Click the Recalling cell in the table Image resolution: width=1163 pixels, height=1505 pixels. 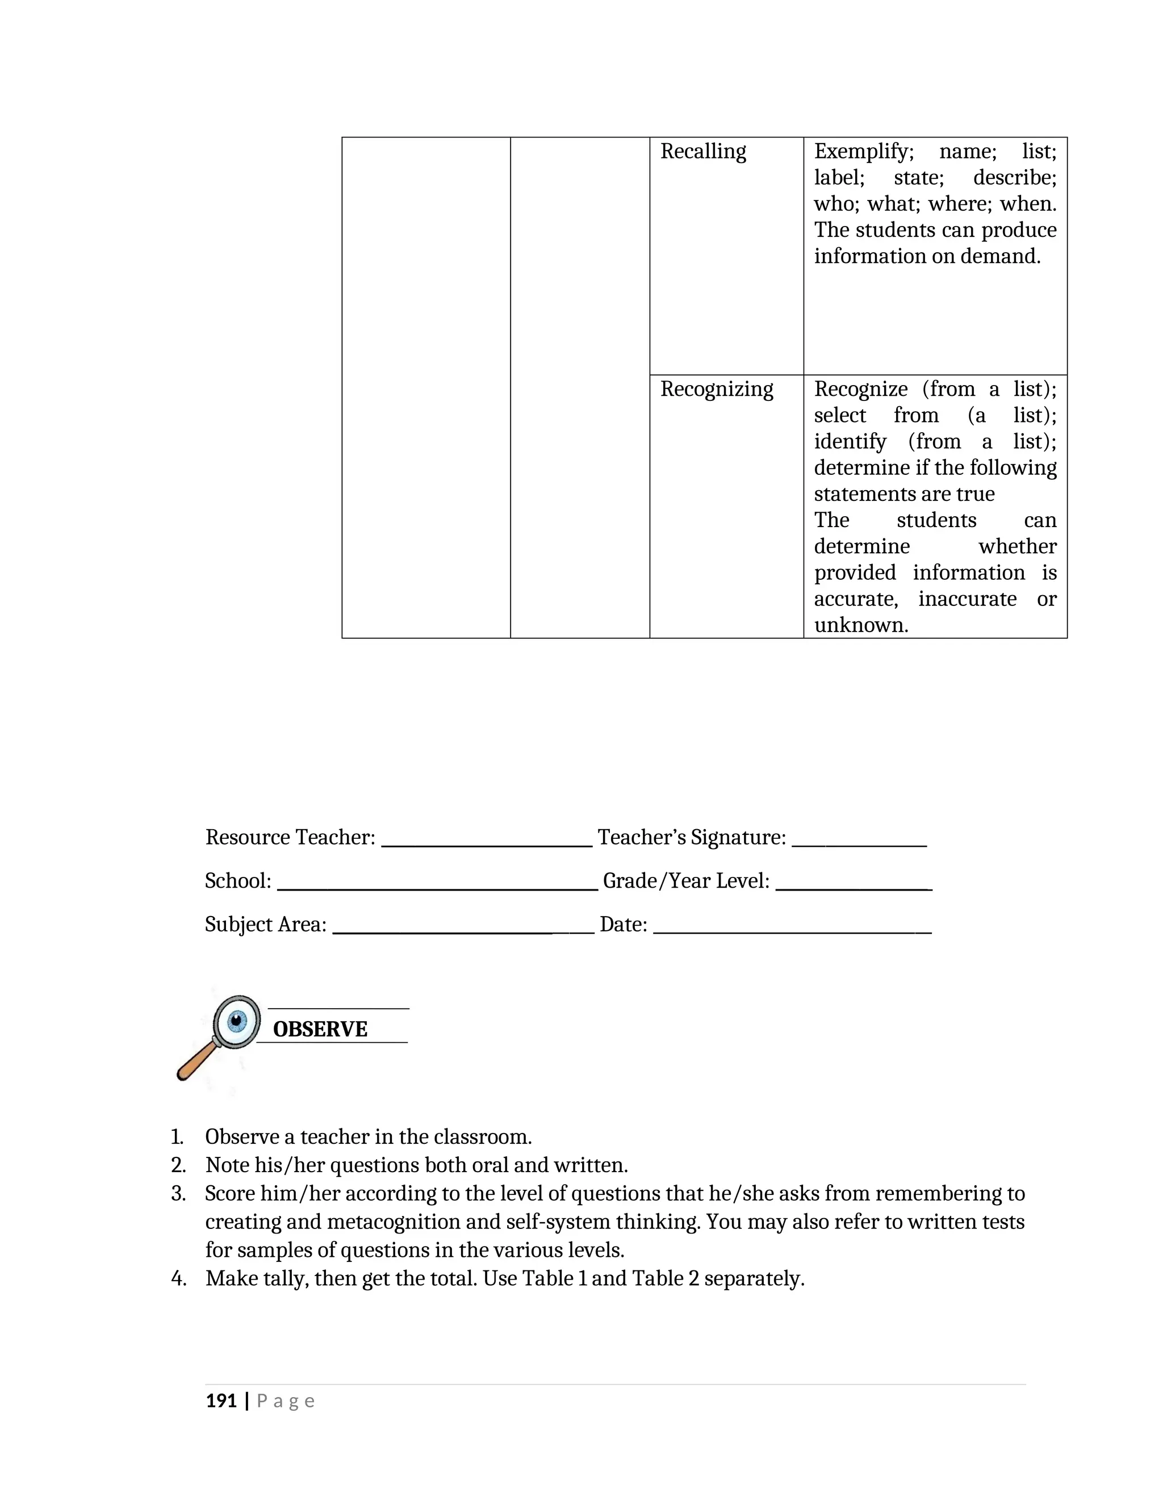coord(703,152)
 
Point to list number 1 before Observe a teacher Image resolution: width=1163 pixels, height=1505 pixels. coord(177,1136)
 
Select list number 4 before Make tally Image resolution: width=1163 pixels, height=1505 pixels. coord(178,1279)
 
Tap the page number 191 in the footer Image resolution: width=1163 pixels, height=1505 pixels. coord(221,1401)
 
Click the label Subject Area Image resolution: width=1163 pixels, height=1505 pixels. coord(265,924)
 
